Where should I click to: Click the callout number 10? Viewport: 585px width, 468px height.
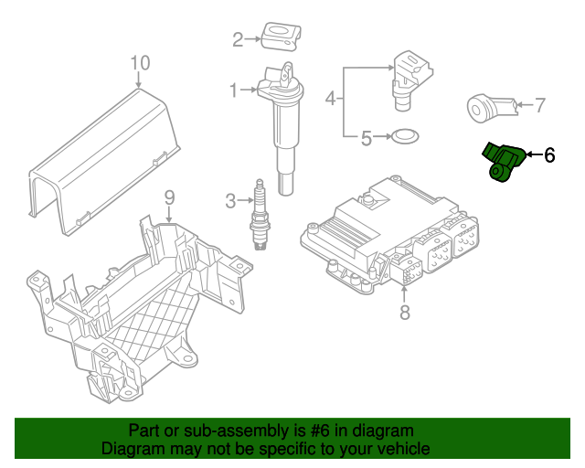(139, 62)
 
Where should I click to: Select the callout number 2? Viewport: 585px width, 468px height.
(238, 39)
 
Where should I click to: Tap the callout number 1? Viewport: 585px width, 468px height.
(233, 90)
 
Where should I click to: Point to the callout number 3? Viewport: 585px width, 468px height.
(230, 199)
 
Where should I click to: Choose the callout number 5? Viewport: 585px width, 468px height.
(366, 139)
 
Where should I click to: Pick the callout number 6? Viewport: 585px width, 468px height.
(549, 155)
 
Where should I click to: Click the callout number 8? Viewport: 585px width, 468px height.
(405, 314)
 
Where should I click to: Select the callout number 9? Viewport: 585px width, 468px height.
(168, 197)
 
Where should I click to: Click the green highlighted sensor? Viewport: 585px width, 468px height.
(503, 162)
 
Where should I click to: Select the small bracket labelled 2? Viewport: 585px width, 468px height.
(280, 36)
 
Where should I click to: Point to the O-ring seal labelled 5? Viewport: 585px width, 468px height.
(405, 138)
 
